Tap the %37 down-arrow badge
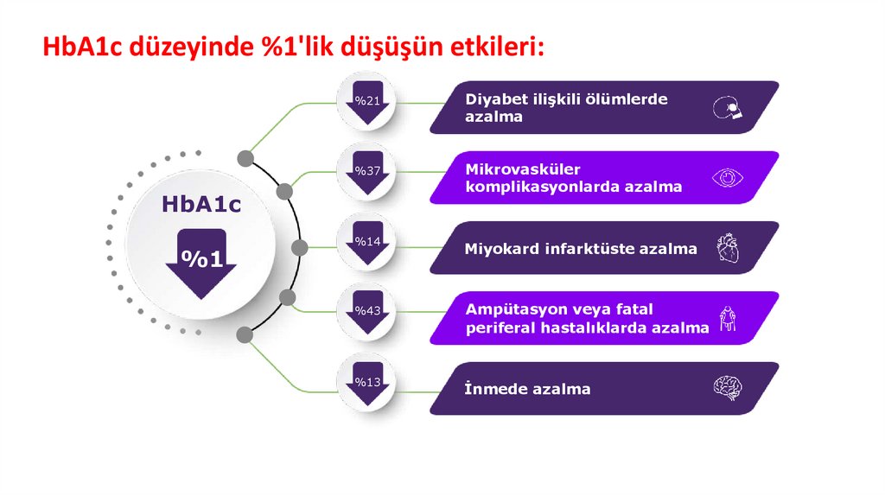coord(367,175)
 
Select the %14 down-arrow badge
coord(367,245)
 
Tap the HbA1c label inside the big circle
coord(201,205)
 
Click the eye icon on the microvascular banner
coord(728,178)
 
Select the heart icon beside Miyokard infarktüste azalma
coord(728,248)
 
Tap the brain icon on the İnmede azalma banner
coord(728,388)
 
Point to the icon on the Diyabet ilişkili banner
coord(728,107)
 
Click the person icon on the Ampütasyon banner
coord(728,318)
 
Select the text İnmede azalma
coord(528,389)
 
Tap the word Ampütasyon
coord(508,309)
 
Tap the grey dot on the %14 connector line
coord(300,248)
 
